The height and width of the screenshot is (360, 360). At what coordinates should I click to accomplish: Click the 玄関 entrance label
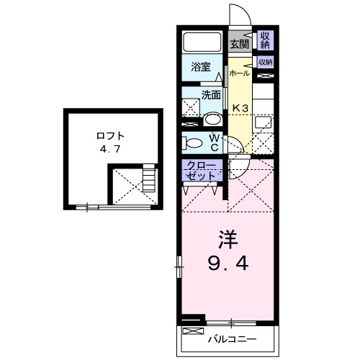239,43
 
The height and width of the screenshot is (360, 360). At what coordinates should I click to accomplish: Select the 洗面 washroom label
210,94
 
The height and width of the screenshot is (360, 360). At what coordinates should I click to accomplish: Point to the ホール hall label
239,73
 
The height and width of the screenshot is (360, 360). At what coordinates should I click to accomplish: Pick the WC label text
215,141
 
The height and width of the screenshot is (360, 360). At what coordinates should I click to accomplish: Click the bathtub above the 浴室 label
202,41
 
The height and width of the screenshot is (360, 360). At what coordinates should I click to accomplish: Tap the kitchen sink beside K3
264,122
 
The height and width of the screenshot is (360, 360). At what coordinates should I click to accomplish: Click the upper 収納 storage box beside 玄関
265,40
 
